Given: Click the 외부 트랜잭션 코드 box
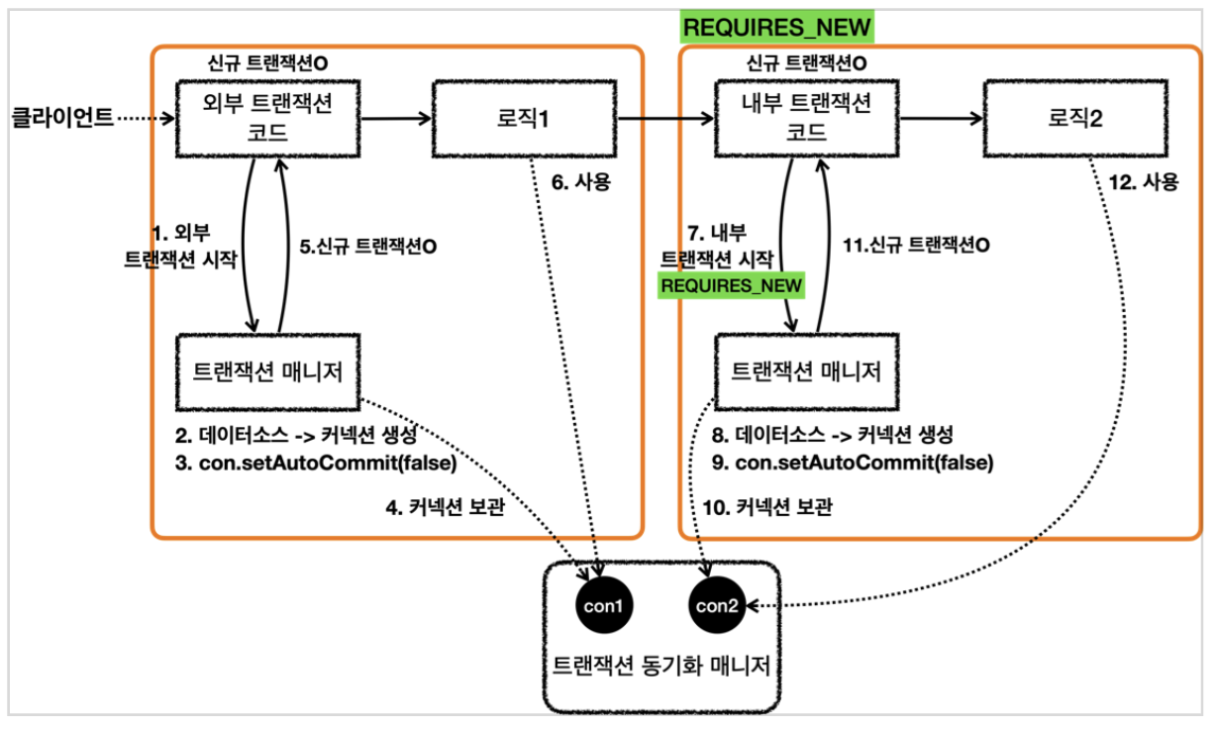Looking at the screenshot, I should click(270, 120).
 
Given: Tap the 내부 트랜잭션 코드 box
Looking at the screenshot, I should click(806, 120).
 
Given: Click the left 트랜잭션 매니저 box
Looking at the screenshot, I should click(270, 372).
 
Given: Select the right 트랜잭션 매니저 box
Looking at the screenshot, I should click(806, 372).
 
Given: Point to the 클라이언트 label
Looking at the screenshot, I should click(61, 120).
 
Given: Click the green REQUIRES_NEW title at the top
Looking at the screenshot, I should click(777, 28).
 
